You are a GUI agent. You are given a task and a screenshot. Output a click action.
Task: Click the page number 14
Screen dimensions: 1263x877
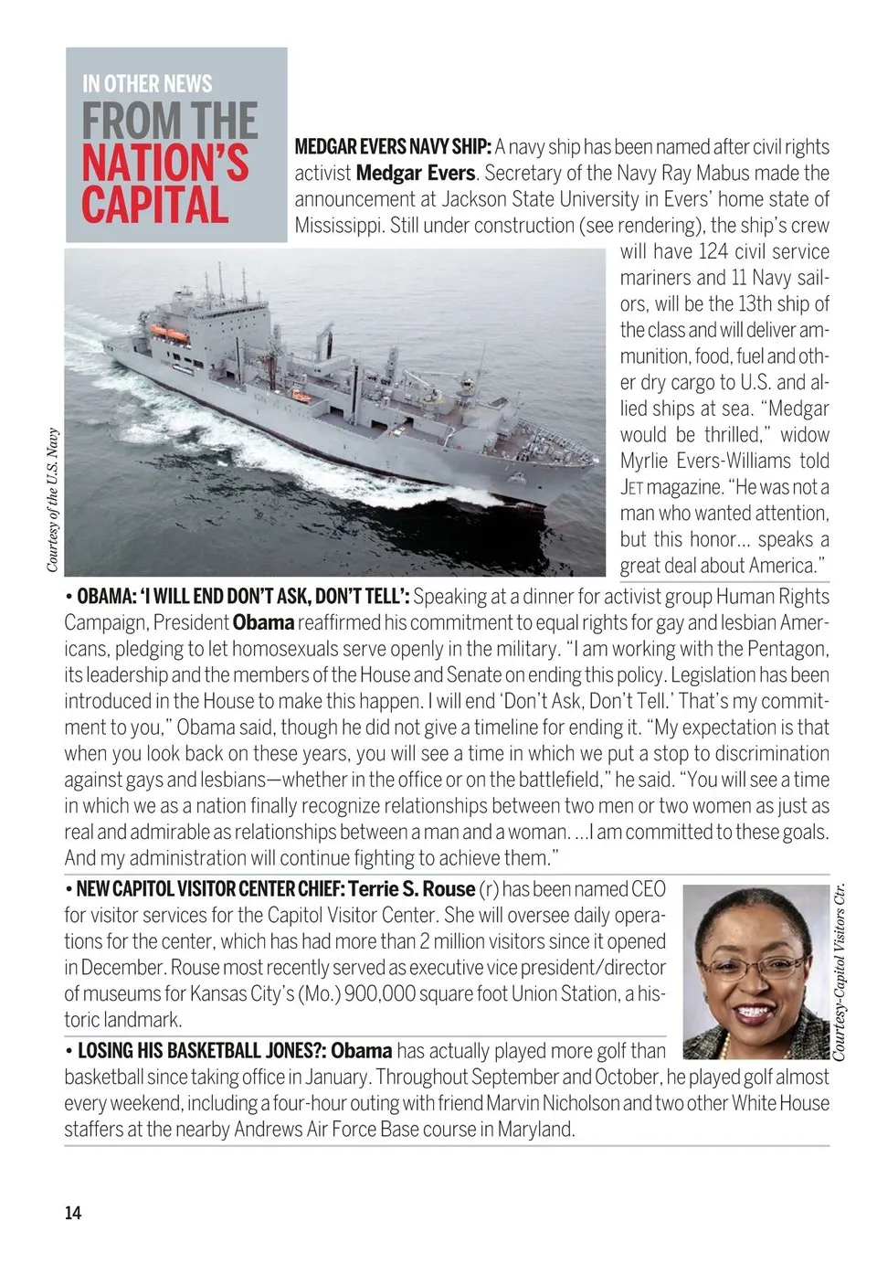(72, 1213)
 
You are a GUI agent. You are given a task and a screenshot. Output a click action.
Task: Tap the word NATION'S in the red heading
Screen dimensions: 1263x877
(165, 163)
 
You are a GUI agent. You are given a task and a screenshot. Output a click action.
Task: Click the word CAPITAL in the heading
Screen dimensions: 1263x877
(154, 205)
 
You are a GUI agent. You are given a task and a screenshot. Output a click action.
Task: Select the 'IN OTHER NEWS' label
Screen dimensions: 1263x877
(147, 84)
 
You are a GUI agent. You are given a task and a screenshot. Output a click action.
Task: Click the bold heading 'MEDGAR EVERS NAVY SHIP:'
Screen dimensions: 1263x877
(393, 147)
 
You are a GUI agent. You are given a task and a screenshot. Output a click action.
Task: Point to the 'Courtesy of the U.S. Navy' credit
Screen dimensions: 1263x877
(52, 501)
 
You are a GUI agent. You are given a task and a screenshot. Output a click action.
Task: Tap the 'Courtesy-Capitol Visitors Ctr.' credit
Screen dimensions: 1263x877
(839, 971)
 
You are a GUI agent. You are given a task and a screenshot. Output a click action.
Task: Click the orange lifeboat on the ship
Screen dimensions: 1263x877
(169, 334)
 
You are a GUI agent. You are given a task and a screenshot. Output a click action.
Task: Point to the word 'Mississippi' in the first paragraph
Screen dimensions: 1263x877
(338, 226)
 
